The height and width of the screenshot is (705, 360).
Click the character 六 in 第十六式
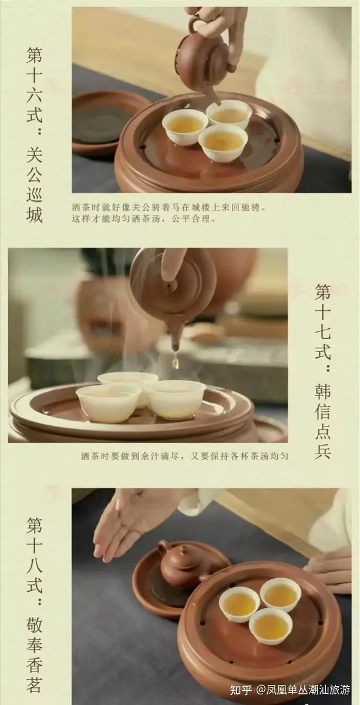click(34, 95)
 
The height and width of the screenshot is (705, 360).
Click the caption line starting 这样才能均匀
click(144, 219)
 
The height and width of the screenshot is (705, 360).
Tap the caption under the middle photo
click(184, 456)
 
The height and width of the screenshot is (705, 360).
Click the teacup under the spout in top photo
click(228, 113)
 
